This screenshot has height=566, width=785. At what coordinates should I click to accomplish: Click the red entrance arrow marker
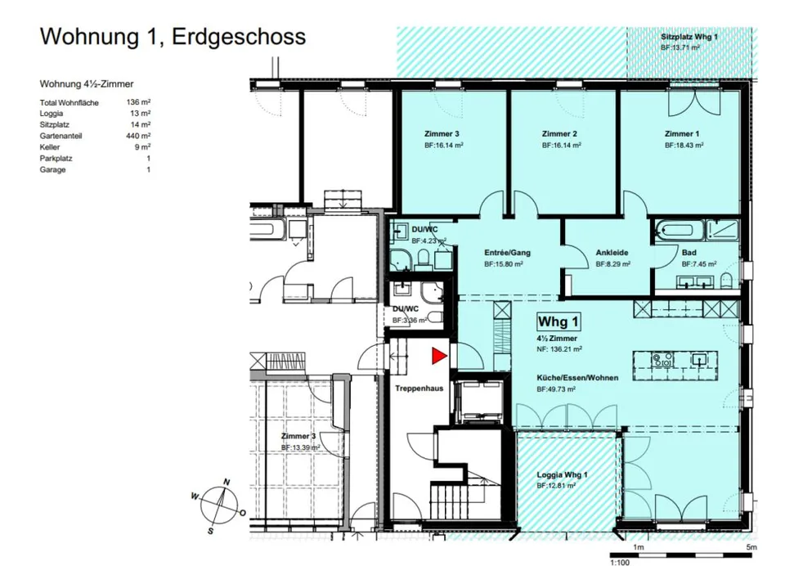pyautogui.click(x=439, y=356)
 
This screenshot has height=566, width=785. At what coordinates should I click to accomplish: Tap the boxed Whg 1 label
pyautogui.click(x=558, y=321)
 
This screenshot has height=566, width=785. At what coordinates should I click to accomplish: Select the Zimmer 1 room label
pyautogui.click(x=682, y=134)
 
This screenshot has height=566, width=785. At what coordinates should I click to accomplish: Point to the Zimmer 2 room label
pyautogui.click(x=559, y=134)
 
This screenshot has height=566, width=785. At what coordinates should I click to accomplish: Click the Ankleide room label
pyautogui.click(x=612, y=253)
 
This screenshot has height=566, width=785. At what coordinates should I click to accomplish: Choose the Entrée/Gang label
pyautogui.click(x=507, y=253)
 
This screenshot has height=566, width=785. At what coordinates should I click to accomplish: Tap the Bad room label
pyautogui.click(x=689, y=253)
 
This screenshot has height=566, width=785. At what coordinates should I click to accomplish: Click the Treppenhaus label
pyautogui.click(x=419, y=389)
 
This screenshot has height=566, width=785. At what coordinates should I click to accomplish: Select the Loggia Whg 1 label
pyautogui.click(x=562, y=474)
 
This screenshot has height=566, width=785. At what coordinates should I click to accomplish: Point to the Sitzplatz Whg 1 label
pyautogui.click(x=689, y=37)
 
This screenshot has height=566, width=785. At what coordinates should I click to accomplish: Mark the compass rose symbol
pyautogui.click(x=219, y=506)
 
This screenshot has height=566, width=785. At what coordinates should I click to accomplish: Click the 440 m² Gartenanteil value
pyautogui.click(x=138, y=136)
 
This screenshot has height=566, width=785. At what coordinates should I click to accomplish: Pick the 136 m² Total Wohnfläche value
pyautogui.click(x=138, y=102)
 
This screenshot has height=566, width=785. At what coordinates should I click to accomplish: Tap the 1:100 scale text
pyautogui.click(x=619, y=562)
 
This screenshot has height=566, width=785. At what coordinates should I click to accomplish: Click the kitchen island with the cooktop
pyautogui.click(x=675, y=360)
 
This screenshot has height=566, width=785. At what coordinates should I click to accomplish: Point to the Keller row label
pyautogui.click(x=50, y=147)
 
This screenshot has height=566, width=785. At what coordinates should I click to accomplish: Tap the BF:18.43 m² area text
pyautogui.click(x=684, y=146)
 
